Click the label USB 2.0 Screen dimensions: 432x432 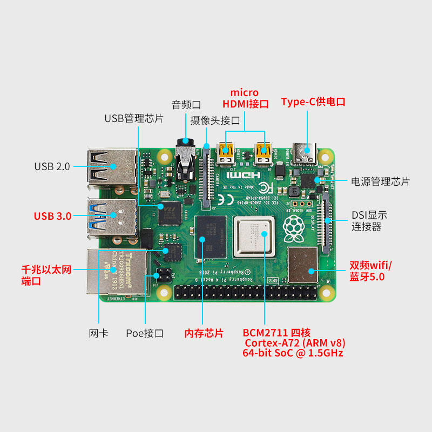click(x=52, y=166)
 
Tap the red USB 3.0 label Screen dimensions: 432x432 click(x=52, y=216)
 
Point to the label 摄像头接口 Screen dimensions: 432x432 click(x=215, y=120)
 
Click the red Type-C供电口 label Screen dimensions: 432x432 click(x=313, y=102)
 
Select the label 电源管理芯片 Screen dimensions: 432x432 click(x=380, y=181)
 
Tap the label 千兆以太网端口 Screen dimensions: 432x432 click(x=46, y=274)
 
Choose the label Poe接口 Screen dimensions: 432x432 click(x=144, y=333)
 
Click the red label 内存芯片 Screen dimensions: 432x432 click(x=204, y=333)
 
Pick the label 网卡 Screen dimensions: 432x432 click(x=98, y=333)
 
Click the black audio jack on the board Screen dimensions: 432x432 click(x=186, y=162)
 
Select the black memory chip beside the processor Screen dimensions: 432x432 click(x=209, y=238)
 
